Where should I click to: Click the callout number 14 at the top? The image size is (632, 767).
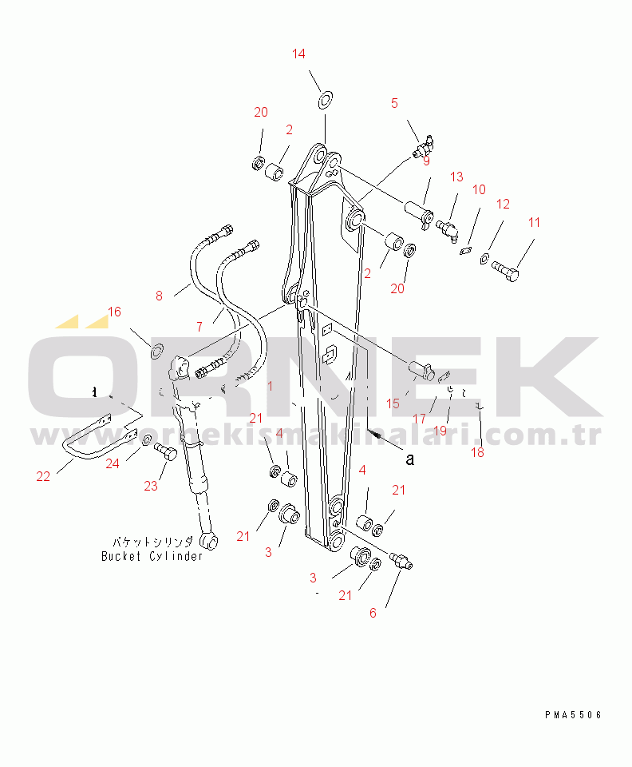pyautogui.click(x=298, y=54)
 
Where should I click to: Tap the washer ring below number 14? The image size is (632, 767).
pyautogui.click(x=326, y=100)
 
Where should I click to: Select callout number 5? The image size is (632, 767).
pyautogui.click(x=394, y=103)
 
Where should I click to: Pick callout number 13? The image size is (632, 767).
pyautogui.click(x=456, y=177)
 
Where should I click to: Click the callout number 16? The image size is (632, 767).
pyautogui.click(x=115, y=312)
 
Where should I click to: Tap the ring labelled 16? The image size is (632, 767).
pyautogui.click(x=157, y=348)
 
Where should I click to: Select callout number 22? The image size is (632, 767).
pyautogui.click(x=43, y=477)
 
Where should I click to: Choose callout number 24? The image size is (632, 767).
pyautogui.click(x=113, y=463)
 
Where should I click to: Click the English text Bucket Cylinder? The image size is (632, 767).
pyautogui.click(x=152, y=556)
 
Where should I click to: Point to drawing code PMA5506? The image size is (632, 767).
pyautogui.click(x=575, y=715)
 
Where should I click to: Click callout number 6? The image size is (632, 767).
pyautogui.click(x=372, y=614)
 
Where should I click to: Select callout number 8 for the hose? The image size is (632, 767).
pyautogui.click(x=159, y=296)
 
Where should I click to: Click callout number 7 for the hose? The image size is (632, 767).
pyautogui.click(x=199, y=327)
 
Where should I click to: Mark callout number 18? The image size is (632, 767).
pyautogui.click(x=477, y=453)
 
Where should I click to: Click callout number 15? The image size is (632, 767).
pyautogui.click(x=393, y=404)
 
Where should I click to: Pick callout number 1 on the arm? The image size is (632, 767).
pyautogui.click(x=271, y=386)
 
